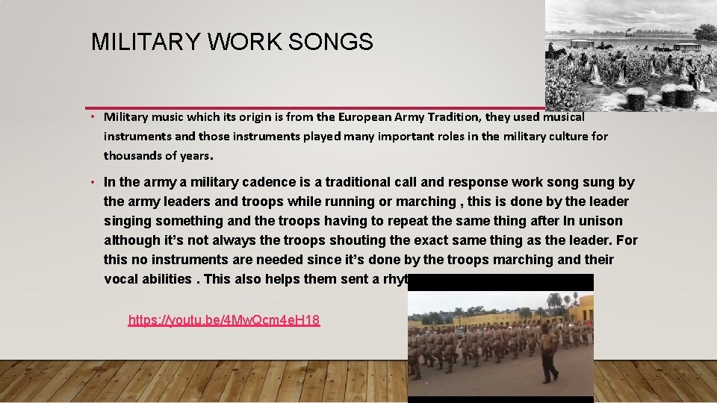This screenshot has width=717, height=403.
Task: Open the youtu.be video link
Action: pyautogui.click(x=224, y=321)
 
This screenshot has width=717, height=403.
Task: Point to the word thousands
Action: pyautogui.click(x=132, y=155)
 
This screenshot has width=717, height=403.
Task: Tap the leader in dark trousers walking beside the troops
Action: pyautogui.click(x=548, y=352)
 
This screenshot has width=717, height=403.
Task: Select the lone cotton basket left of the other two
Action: pyautogui.click(x=636, y=98)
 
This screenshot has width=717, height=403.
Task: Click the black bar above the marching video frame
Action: pyautogui.click(x=500, y=282)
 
